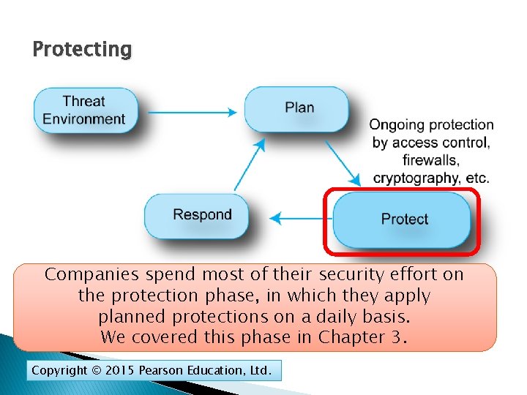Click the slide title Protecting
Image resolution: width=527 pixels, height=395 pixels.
pyautogui.click(x=82, y=50)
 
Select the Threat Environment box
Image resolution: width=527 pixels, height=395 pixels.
pyautogui.click(x=85, y=110)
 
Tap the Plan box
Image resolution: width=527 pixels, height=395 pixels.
pyautogui.click(x=299, y=108)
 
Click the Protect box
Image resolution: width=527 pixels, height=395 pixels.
pyautogui.click(x=403, y=219)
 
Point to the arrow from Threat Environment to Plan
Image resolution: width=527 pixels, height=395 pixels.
pyautogui.click(x=192, y=113)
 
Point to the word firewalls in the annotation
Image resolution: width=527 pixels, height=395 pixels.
pyautogui.click(x=431, y=160)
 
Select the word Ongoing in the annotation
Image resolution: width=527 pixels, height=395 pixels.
pyautogui.click(x=396, y=125)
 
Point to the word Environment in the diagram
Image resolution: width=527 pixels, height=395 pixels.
pyautogui.click(x=84, y=119)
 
